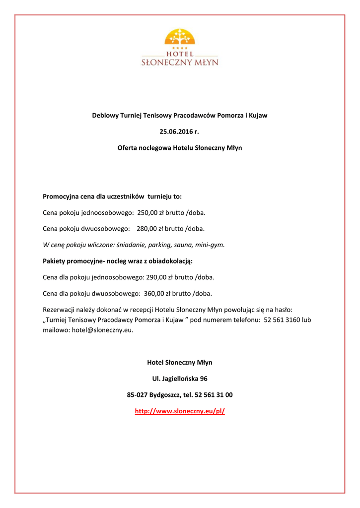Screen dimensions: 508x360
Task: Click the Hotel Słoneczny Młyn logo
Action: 180,47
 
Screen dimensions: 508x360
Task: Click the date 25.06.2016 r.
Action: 179,131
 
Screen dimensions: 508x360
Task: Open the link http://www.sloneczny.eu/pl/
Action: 180,411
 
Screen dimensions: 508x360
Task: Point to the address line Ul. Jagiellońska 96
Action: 180,379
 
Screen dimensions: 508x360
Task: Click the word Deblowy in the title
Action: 106,116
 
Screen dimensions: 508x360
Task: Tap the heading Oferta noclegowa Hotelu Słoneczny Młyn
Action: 180,148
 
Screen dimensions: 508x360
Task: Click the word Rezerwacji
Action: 60,310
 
